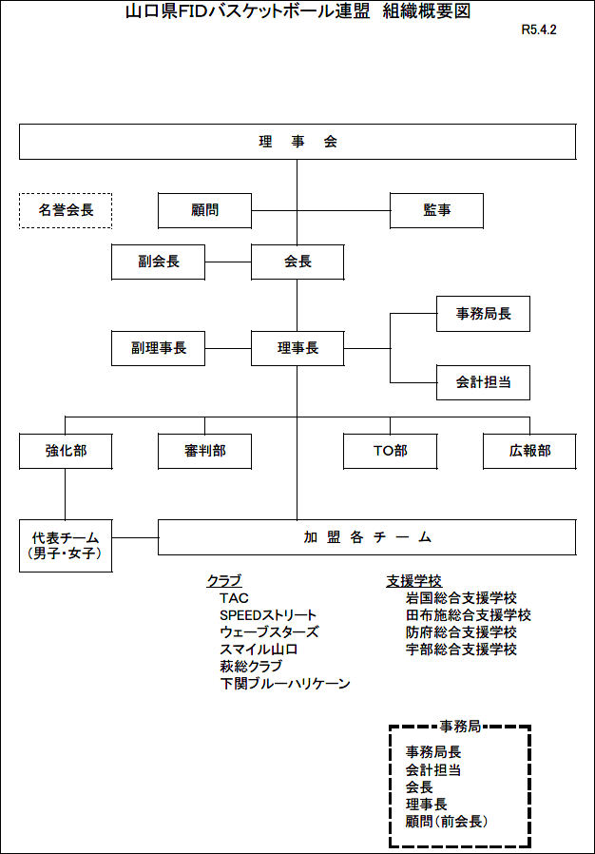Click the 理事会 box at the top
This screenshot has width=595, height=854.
tap(297, 142)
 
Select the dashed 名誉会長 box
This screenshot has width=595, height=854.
tap(66, 210)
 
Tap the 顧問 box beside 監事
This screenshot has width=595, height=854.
tap(204, 210)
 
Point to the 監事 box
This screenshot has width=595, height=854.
tap(436, 210)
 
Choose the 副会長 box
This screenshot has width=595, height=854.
tap(159, 262)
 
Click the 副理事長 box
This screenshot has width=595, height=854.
tap(159, 348)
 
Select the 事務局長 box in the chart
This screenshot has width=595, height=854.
tap(484, 314)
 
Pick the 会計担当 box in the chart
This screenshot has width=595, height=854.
tap(484, 382)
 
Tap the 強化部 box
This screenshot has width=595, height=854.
tap(66, 451)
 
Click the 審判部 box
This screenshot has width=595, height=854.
tap(204, 451)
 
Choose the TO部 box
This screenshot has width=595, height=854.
tap(391, 451)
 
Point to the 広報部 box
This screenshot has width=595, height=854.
tap(529, 451)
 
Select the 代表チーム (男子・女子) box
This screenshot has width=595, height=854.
tap(66, 546)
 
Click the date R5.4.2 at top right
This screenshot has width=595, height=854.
tap(539, 29)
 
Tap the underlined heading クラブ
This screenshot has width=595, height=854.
tap(223, 581)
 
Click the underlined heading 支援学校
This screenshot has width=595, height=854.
tap(413, 581)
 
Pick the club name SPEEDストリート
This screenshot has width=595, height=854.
tap(268, 615)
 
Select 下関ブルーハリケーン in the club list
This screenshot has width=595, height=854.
tap(285, 684)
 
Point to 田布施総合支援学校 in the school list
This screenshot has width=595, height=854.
tap(469, 615)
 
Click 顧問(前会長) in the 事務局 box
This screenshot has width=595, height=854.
tap(447, 822)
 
